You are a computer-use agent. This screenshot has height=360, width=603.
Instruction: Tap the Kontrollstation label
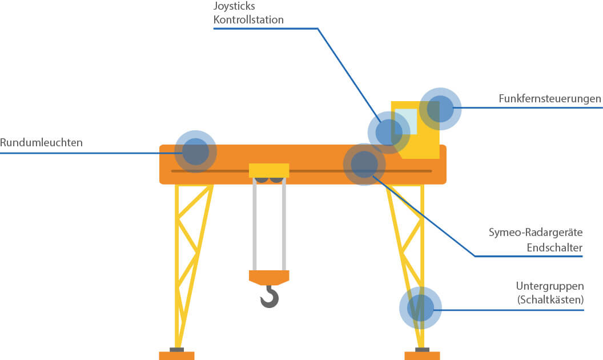[248, 20]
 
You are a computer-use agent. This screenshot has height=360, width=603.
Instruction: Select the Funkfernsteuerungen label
[550, 99]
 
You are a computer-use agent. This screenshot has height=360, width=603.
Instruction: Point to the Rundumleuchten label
[41, 143]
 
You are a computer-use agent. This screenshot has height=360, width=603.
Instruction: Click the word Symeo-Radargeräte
[536, 233]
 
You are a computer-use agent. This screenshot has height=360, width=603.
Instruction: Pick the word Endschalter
[554, 248]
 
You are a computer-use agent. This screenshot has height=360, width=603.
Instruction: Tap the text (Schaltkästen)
[550, 299]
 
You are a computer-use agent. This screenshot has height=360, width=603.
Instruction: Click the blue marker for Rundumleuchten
[195, 151]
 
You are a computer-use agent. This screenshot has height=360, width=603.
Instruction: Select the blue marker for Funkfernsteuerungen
[440, 108]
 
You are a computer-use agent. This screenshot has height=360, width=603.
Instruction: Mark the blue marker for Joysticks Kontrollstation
[388, 132]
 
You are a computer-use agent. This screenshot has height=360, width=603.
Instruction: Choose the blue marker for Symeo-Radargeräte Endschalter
[364, 165]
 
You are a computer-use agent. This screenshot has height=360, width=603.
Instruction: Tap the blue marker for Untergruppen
[420, 308]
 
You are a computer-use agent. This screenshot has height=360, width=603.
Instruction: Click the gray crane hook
[270, 297]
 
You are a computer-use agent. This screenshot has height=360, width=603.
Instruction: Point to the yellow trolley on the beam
[269, 170]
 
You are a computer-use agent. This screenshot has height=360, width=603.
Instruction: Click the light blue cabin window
[407, 120]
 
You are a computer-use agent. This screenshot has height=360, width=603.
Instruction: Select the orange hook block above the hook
[269, 277]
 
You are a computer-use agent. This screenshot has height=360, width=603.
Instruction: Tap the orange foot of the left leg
[176, 355]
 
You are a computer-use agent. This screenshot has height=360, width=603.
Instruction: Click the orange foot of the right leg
[422, 355]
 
